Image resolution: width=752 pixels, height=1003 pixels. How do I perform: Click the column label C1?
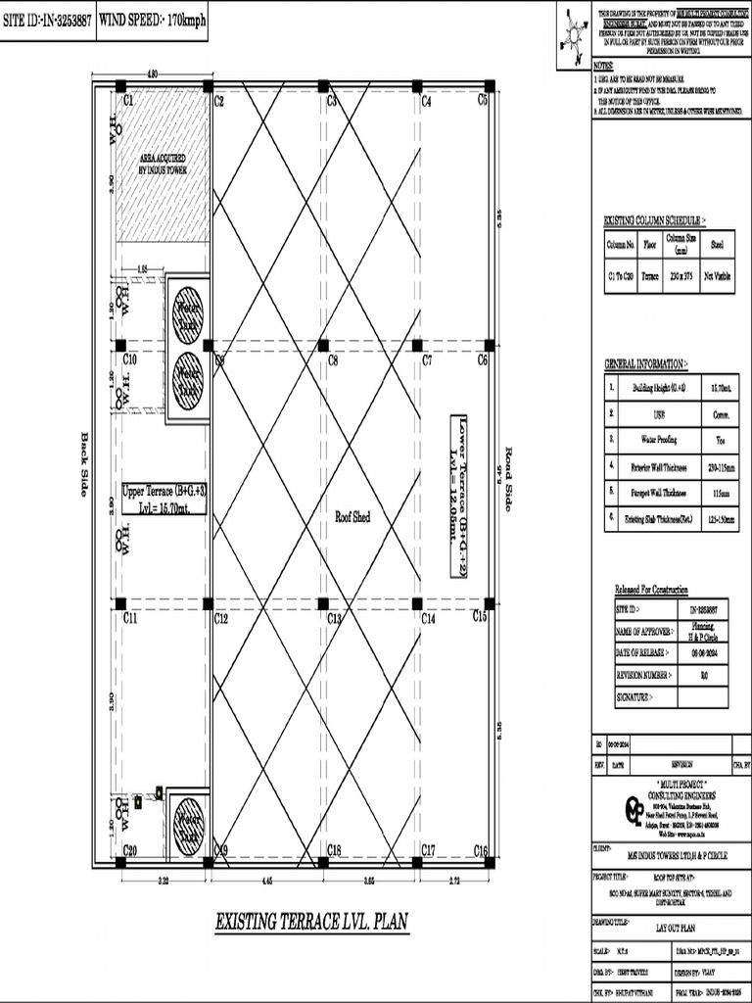point(128,100)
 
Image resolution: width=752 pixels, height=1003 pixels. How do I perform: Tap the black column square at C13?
point(322,603)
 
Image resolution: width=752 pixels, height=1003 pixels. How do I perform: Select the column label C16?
point(481,849)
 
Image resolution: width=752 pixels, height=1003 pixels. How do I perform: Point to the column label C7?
point(427,360)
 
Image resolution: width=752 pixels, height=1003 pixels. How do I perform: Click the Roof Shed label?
point(352,516)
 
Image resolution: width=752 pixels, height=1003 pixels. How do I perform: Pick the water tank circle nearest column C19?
point(188,826)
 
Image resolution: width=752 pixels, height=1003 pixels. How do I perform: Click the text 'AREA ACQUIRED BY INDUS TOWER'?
point(163,164)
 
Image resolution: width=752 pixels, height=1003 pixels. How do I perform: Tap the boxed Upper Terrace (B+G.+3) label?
point(164,499)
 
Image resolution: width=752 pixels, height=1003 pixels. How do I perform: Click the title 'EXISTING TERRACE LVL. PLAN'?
point(311,922)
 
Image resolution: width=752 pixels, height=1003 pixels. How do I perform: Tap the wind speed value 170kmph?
point(186,19)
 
